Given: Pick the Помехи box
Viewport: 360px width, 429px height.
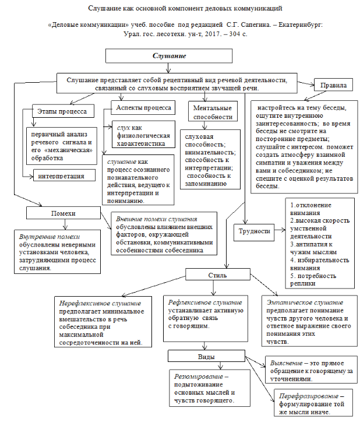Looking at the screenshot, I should click(x=63, y=214).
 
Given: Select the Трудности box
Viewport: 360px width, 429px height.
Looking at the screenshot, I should click(x=255, y=231).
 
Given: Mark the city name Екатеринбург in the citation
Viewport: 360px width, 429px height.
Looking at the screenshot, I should click(x=298, y=26).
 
